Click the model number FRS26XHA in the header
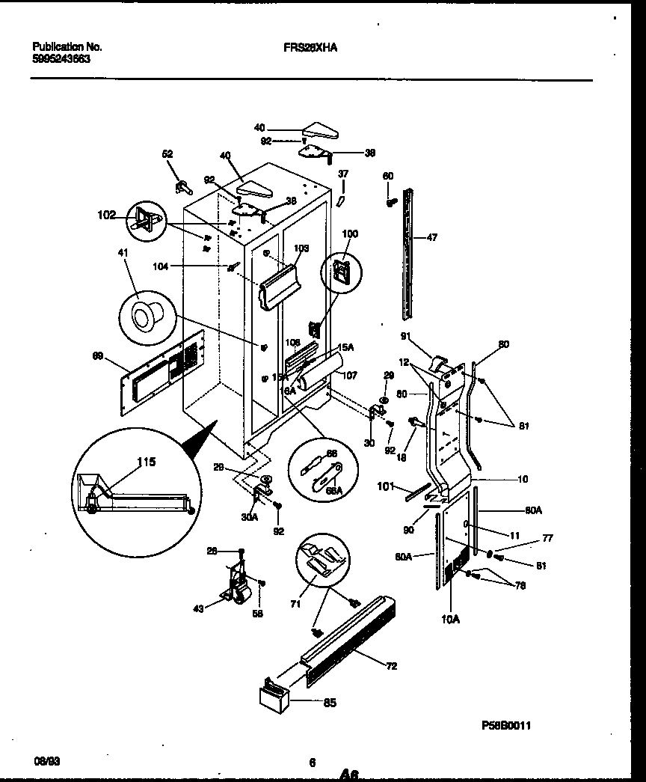(310, 46)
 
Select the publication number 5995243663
(62, 58)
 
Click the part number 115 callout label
(147, 462)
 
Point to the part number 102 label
(107, 215)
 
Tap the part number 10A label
(451, 620)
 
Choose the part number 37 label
(343, 174)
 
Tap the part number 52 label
(167, 153)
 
